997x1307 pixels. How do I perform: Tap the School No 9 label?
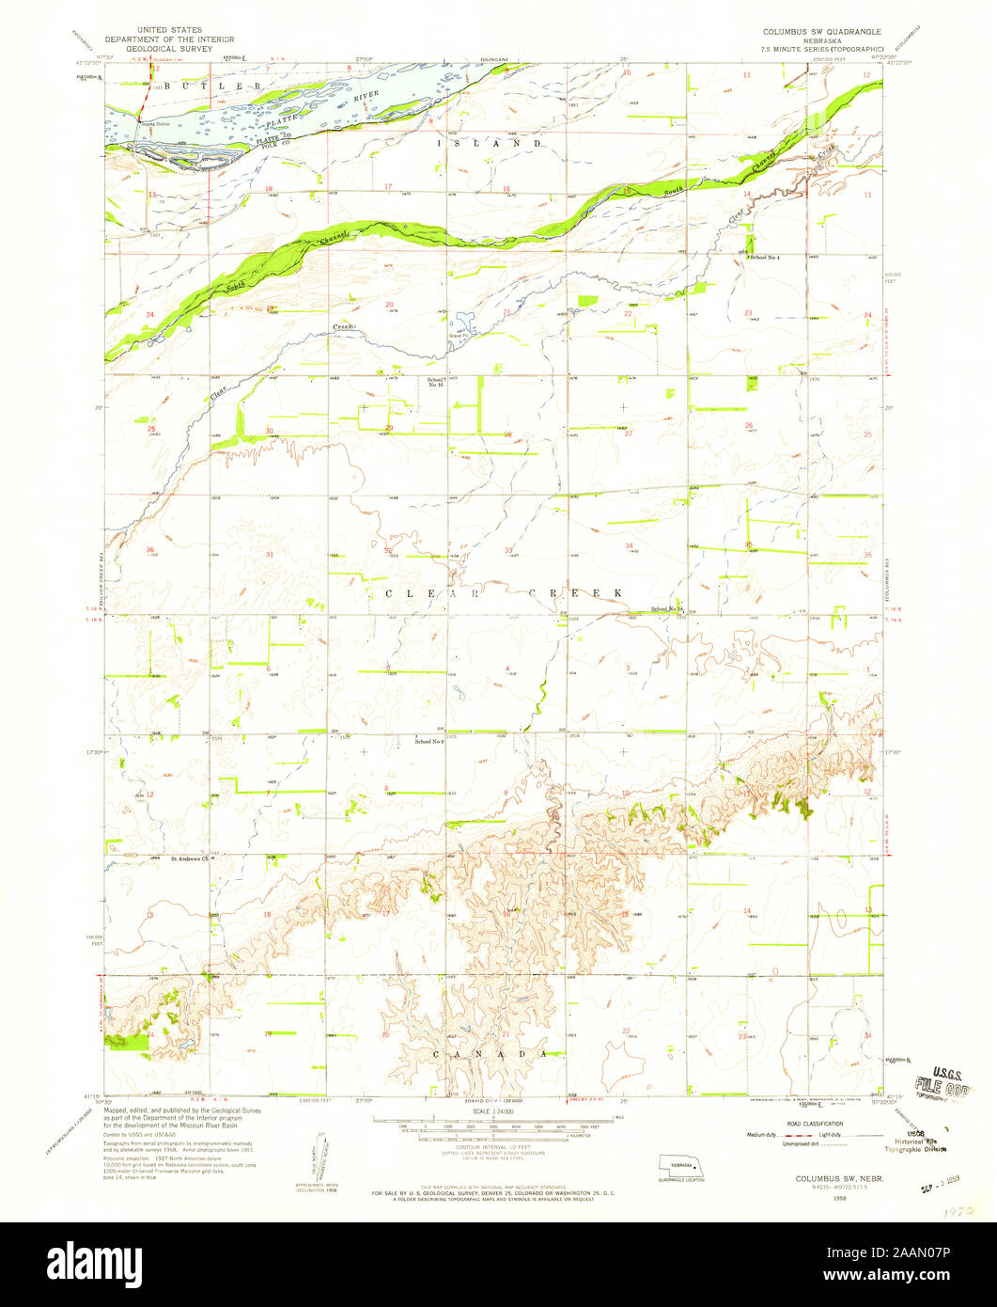(x=429, y=743)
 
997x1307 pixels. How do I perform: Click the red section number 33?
(x=508, y=549)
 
